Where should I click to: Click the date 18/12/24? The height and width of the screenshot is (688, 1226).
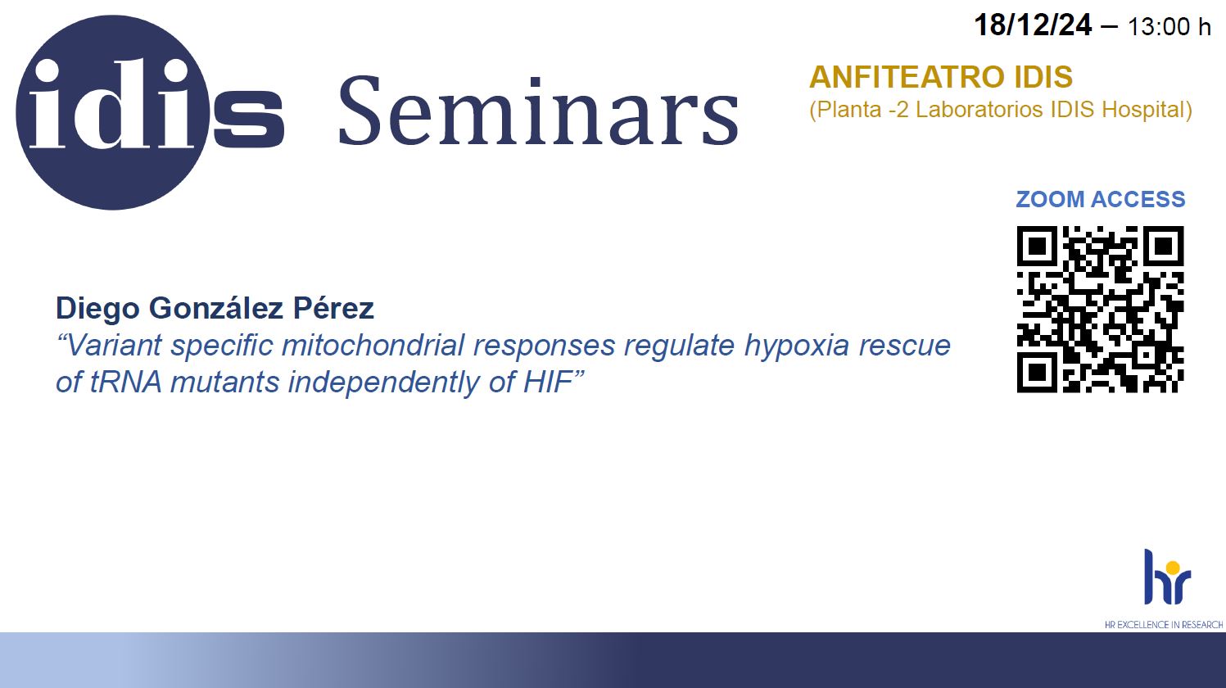pyautogui.click(x=1033, y=25)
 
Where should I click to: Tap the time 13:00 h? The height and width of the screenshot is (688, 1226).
pyautogui.click(x=1169, y=27)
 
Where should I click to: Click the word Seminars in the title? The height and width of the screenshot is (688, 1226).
pyautogui.click(x=539, y=111)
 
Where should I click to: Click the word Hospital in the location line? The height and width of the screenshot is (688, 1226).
pyautogui.click(x=1147, y=110)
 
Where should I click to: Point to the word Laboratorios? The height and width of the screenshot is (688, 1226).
pyautogui.click(x=979, y=110)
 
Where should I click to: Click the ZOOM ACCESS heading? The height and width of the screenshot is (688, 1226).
pyautogui.click(x=1101, y=199)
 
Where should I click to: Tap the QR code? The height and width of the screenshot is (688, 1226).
pyautogui.click(x=1100, y=310)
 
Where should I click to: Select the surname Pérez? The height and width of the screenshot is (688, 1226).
pyautogui.click(x=333, y=308)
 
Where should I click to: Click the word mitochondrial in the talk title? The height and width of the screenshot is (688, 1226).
pyautogui.click(x=373, y=346)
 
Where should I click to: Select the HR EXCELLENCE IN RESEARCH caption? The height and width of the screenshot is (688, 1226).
pyautogui.click(x=1164, y=624)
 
